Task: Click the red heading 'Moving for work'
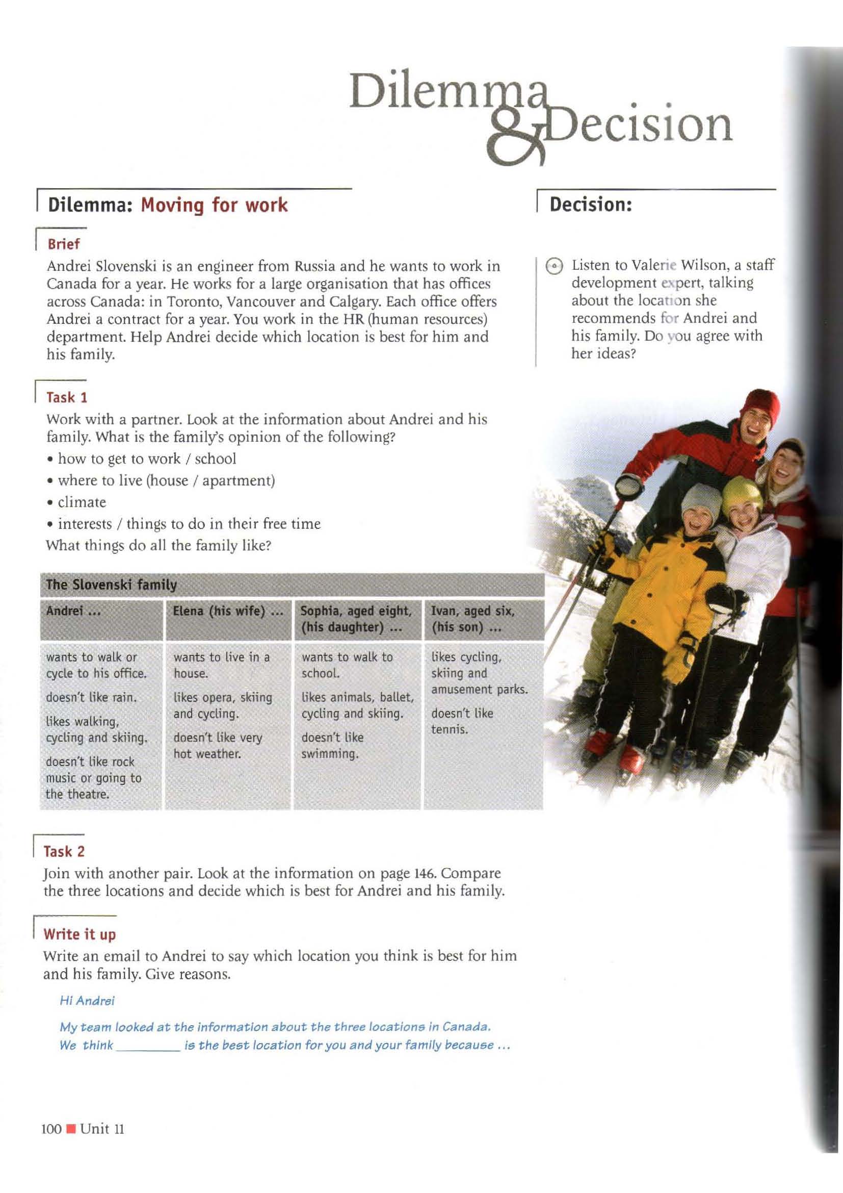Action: [215, 205]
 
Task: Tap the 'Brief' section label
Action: [64, 244]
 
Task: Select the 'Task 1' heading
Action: [67, 397]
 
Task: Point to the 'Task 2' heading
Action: [64, 852]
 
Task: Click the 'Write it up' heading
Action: [80, 934]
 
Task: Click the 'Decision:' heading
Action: [591, 205]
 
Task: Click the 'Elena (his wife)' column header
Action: [228, 611]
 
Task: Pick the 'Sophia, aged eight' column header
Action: [356, 611]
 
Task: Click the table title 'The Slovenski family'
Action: [111, 585]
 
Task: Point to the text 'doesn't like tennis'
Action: [461, 721]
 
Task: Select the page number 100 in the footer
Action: [51, 1129]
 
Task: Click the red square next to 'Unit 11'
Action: [72, 1129]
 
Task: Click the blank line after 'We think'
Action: [147, 1046]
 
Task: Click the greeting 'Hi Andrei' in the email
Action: [87, 1001]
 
